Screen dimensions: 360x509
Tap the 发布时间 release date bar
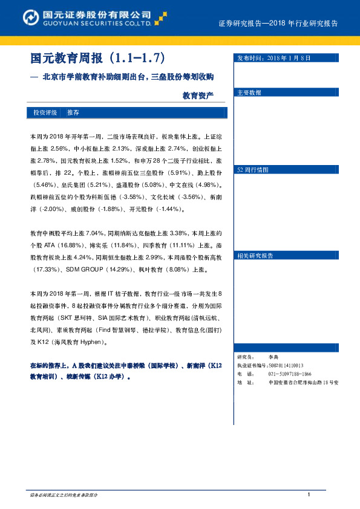(291, 58)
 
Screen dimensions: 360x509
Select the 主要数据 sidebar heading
(249, 93)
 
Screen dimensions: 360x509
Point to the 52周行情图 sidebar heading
(252, 170)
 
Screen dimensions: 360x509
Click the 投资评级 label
(45, 113)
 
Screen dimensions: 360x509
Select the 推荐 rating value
(73, 113)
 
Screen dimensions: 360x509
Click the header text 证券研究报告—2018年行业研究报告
(278, 24)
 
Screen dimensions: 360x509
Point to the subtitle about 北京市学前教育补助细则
(128, 78)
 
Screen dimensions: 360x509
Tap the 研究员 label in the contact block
(246, 358)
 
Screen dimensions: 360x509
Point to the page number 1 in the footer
(309, 496)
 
